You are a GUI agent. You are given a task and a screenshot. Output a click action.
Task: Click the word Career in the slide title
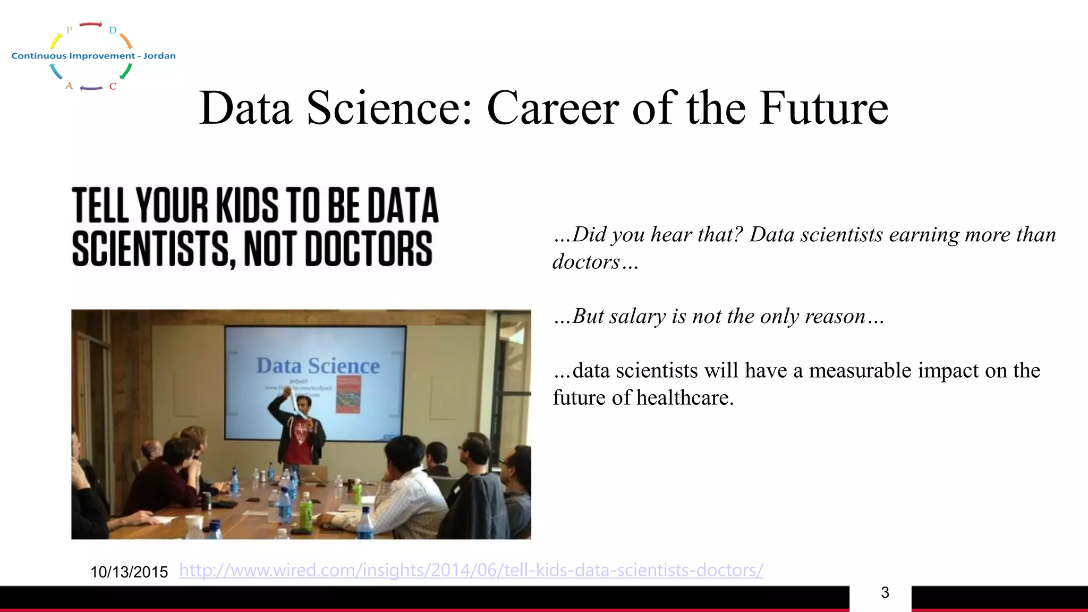pyautogui.click(x=552, y=108)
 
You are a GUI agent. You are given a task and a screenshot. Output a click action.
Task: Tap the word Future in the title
pyautogui.click(x=823, y=108)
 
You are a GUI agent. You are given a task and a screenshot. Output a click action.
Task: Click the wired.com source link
pyautogui.click(x=471, y=570)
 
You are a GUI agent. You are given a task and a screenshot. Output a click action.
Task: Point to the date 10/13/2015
pyautogui.click(x=129, y=572)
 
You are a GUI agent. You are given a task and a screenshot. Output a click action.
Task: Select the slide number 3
pyautogui.click(x=885, y=592)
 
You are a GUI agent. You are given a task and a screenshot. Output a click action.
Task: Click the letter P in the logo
pyautogui.click(x=69, y=30)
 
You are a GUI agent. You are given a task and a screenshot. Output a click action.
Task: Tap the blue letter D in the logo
pyautogui.click(x=113, y=30)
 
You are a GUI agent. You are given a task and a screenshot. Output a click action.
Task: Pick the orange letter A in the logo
pyautogui.click(x=69, y=86)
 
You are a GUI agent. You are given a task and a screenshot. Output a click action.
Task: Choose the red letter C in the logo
pyautogui.click(x=113, y=86)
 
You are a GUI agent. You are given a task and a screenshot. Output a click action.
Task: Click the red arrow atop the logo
pyautogui.click(x=91, y=24)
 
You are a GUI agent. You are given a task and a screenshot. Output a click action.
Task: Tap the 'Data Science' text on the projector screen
pyautogui.click(x=318, y=366)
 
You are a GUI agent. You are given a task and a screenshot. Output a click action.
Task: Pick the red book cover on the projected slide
pyautogui.click(x=348, y=394)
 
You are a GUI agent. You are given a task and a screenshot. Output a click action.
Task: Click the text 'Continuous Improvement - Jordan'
pyautogui.click(x=93, y=56)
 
